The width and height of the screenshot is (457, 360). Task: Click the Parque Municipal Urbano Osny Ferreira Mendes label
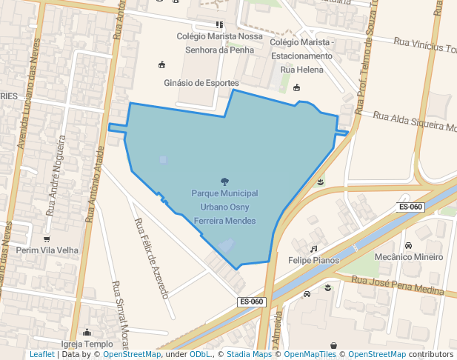pos(224,207)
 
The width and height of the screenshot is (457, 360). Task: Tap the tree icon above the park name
pos(224,181)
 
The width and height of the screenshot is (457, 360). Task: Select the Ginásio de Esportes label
pos(201,83)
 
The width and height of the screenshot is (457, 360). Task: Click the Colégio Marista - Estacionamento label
pos(302,49)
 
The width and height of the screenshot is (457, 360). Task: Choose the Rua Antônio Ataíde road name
pos(95,184)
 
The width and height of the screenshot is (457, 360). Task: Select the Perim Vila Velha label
pos(47,250)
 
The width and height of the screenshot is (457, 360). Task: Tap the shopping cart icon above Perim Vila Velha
pos(47,239)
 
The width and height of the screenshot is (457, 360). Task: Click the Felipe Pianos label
pos(314,260)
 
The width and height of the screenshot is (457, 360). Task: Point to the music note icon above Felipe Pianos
pos(313,249)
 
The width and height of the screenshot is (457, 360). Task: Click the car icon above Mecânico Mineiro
pos(408,245)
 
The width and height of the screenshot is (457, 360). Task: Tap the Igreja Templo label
pos(87,344)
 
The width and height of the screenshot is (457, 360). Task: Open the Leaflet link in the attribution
pos(42,355)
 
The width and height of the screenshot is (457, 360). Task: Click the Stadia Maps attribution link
pos(249,355)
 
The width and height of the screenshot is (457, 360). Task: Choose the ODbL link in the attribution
pos(200,355)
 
